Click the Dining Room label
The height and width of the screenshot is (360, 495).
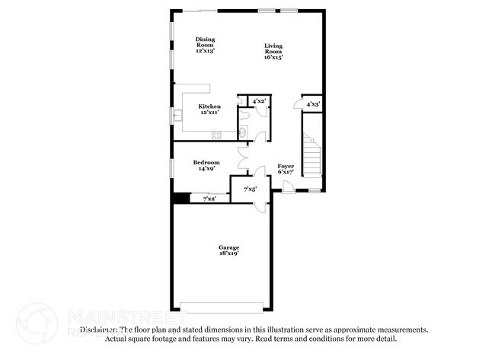205,45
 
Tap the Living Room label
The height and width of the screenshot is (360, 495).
274,51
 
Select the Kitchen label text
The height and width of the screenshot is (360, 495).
209,109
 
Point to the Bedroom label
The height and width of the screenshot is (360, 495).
206,164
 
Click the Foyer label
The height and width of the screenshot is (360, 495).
286,168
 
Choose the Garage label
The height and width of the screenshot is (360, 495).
228,250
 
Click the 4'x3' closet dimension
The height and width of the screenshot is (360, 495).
313,104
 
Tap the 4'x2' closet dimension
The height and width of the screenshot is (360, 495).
258,100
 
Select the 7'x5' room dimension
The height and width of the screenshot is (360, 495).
250,189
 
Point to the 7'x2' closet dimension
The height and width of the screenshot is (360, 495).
209,199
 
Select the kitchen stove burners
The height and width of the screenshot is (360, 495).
216,135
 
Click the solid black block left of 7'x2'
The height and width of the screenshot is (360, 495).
180,199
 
